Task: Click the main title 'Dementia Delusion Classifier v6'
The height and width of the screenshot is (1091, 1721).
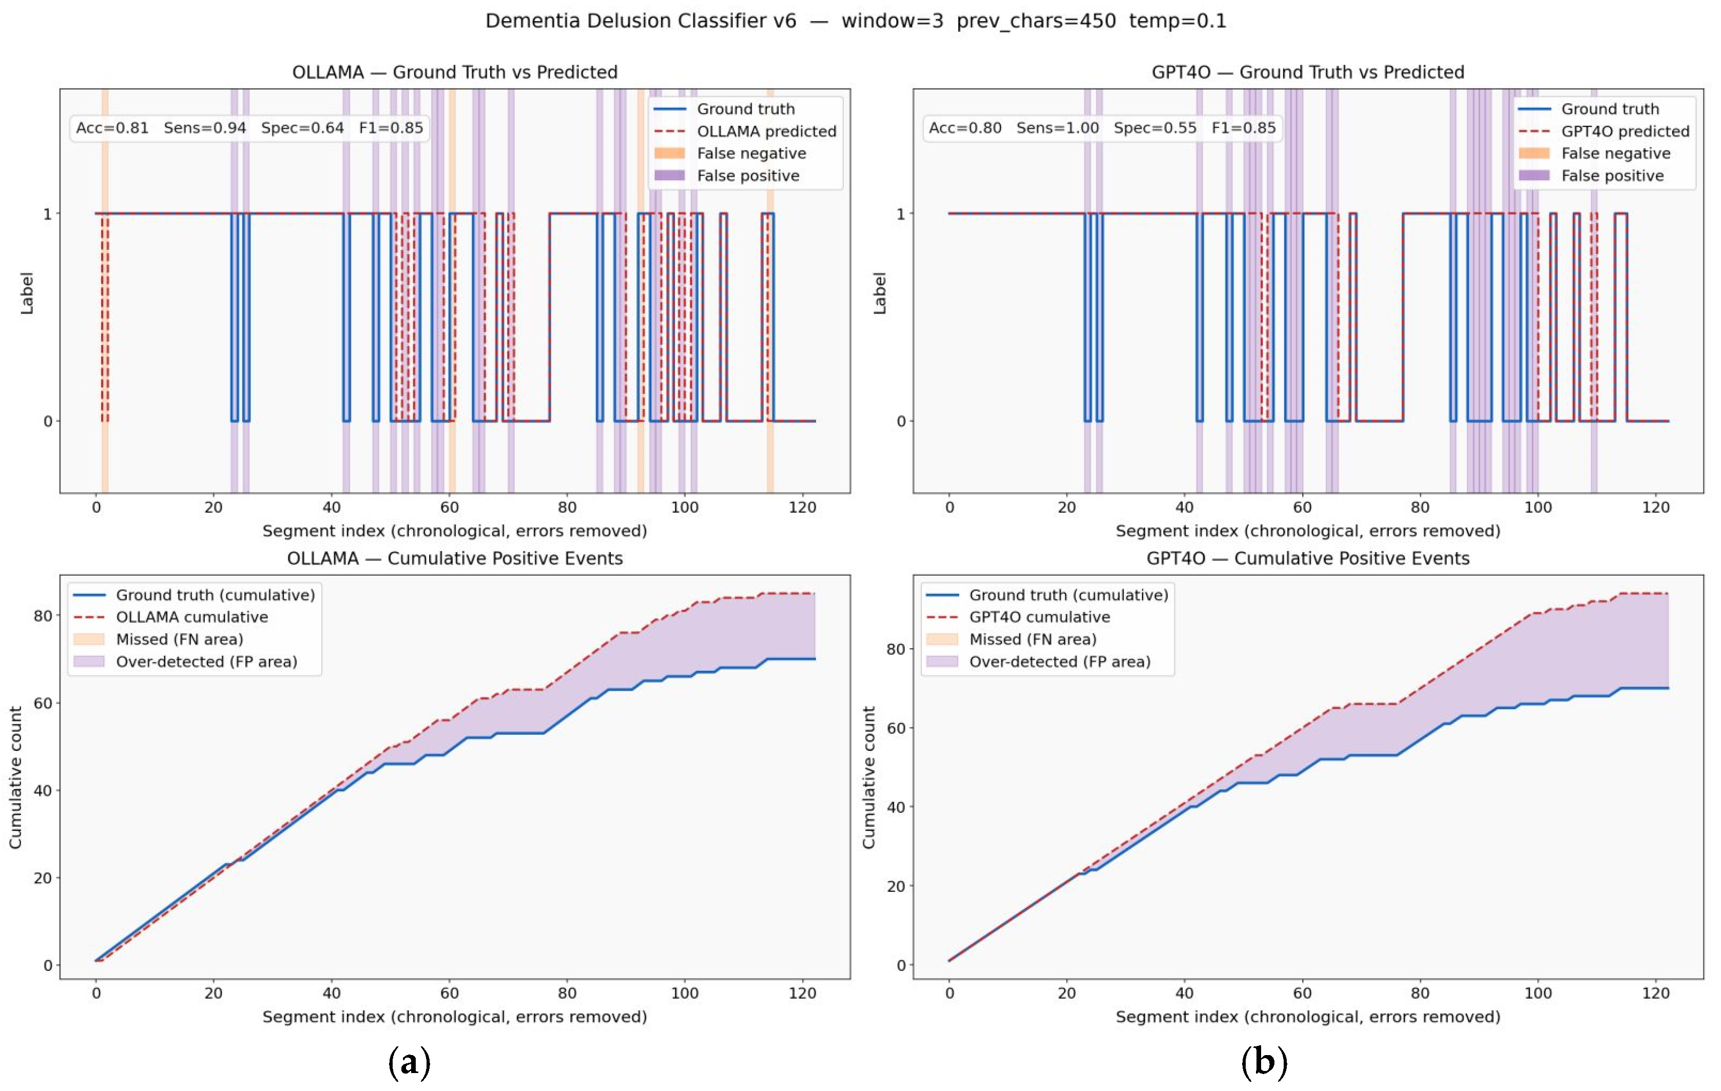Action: click(641, 21)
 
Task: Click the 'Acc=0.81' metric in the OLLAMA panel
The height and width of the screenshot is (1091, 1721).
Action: click(112, 128)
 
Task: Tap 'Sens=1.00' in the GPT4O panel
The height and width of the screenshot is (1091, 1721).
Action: click(1057, 128)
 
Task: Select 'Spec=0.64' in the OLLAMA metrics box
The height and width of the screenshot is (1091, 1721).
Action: click(302, 128)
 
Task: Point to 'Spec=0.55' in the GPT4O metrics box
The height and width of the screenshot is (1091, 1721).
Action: click(1155, 128)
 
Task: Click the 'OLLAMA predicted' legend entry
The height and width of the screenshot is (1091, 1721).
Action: click(766, 131)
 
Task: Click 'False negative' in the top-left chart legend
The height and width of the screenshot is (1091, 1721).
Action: click(751, 153)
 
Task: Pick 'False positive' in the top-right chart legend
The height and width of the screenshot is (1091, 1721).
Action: click(1612, 176)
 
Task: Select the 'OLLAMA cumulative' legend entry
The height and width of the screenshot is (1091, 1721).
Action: click(192, 617)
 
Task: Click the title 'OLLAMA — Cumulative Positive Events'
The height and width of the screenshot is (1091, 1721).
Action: click(455, 559)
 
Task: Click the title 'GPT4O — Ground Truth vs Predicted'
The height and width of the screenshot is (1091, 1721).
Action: click(1308, 72)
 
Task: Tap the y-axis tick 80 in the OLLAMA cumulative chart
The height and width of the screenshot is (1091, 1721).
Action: click(43, 616)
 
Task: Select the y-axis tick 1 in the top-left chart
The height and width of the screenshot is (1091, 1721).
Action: click(48, 213)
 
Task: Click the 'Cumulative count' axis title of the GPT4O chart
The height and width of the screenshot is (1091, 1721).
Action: click(869, 777)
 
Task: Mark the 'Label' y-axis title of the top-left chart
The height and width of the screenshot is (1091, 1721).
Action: click(27, 293)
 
